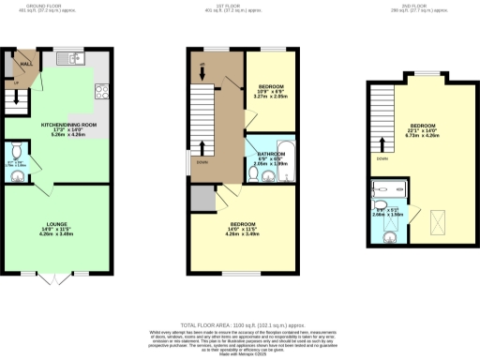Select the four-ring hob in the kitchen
coord(100,91)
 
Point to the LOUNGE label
coord(57,224)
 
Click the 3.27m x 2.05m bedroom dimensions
coord(270,97)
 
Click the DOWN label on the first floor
coord(202,160)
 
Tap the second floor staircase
coord(382,116)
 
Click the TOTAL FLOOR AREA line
coord(239,323)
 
